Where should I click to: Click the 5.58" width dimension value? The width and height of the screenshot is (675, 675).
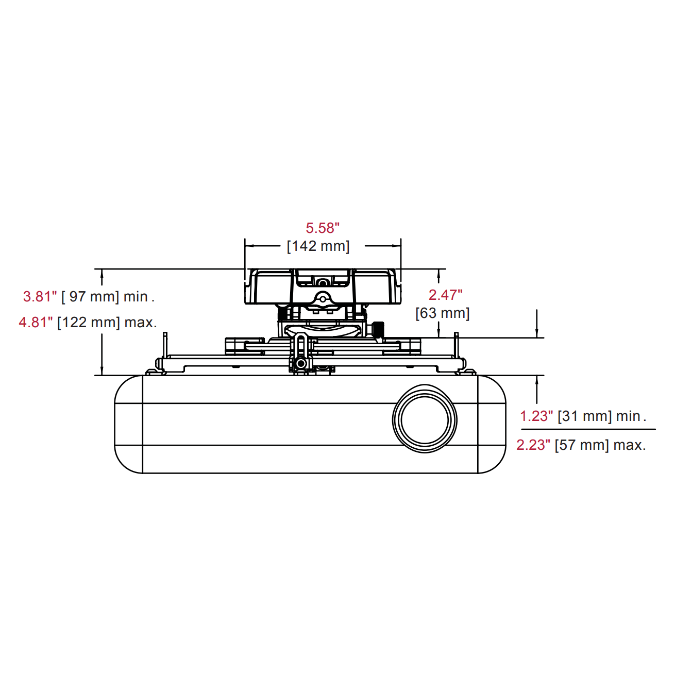(323, 228)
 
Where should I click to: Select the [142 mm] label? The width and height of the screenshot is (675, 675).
(318, 246)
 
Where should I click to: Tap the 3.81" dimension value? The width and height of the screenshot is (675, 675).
(40, 296)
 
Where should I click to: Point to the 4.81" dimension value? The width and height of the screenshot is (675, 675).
(36, 322)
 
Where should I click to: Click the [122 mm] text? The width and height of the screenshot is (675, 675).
(88, 322)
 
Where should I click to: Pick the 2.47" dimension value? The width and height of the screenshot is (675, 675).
(445, 295)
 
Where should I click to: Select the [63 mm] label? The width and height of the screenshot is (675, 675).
(442, 313)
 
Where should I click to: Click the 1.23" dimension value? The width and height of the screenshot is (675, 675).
(536, 416)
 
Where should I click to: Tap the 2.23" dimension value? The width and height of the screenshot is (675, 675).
(533, 445)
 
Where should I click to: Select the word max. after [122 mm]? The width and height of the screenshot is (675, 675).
(140, 322)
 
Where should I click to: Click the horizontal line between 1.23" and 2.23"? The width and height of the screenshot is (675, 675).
(588, 429)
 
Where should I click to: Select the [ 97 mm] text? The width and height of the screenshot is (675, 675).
(90, 296)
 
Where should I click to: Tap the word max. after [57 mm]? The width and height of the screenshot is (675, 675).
(629, 445)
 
